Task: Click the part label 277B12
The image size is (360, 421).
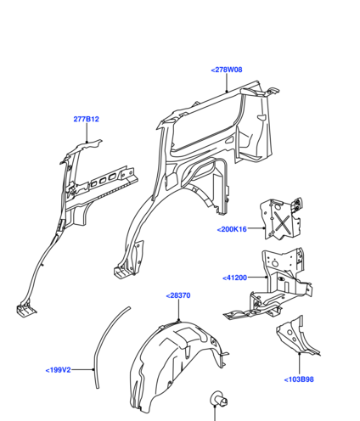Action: (86, 119)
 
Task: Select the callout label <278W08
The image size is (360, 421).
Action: (227, 70)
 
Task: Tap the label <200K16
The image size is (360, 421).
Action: (232, 229)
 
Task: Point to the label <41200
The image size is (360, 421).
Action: (235, 278)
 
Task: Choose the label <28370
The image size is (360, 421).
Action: (178, 295)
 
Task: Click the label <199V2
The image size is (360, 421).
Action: (58, 370)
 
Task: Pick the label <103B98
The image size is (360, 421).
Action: (299, 379)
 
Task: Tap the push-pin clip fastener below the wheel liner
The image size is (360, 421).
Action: (218, 399)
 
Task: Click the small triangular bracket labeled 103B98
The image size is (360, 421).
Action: (295, 338)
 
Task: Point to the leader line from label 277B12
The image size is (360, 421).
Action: (87, 132)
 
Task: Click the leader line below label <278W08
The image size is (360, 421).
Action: (227, 83)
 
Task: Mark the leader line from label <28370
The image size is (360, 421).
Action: (179, 310)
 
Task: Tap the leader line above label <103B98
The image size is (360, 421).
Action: (300, 364)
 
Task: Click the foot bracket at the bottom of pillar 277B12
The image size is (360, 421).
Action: (25, 310)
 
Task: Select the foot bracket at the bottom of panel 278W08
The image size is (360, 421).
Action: (122, 272)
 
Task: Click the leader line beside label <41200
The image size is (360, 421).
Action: (257, 278)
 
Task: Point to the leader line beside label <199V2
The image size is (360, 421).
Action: (82, 369)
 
